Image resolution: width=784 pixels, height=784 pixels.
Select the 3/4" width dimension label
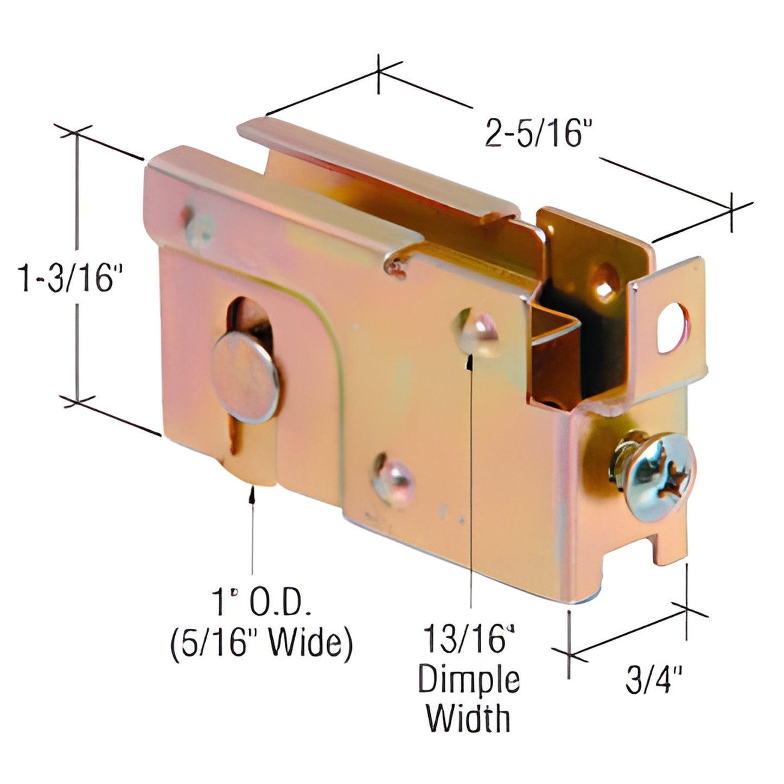[653, 680]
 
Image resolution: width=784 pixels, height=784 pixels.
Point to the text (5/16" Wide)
[261, 643]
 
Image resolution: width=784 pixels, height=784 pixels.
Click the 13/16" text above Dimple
[468, 639]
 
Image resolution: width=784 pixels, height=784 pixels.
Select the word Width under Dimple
[468, 718]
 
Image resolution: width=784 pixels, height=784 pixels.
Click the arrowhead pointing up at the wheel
[251, 493]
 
